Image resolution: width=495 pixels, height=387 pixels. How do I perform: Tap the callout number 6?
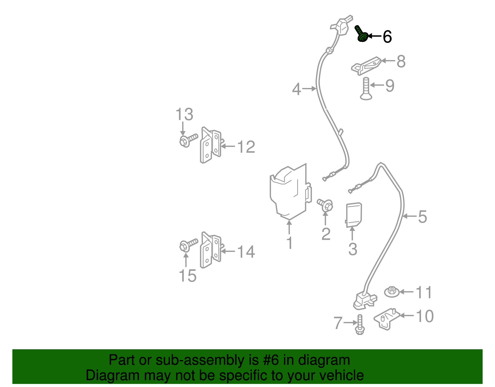(x=387, y=37)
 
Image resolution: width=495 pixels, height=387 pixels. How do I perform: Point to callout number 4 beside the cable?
(x=296, y=89)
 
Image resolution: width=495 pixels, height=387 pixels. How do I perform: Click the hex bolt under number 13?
(x=187, y=140)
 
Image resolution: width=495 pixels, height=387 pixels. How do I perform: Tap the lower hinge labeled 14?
(x=211, y=250)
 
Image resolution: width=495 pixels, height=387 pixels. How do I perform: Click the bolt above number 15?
(x=187, y=245)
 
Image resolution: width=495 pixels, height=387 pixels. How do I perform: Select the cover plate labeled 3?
(x=353, y=214)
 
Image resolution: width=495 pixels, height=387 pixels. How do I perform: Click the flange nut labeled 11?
(x=392, y=292)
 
